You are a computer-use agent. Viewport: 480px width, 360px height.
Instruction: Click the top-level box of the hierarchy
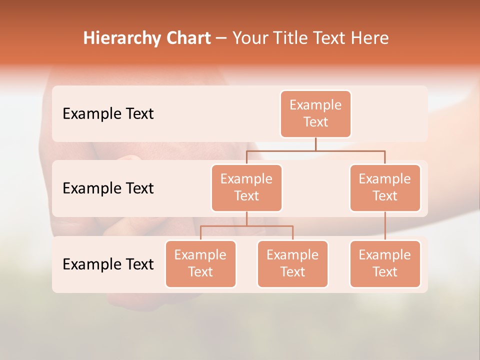coord(315,114)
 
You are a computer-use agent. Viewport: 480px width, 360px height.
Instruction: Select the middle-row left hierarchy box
coord(246,188)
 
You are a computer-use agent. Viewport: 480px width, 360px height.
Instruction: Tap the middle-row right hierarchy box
coord(385,188)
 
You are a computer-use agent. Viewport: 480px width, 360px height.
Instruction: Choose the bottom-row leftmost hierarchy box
coord(200,264)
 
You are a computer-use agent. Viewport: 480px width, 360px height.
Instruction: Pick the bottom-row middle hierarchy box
coord(292,264)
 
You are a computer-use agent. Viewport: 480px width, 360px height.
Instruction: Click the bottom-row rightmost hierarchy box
coord(385,264)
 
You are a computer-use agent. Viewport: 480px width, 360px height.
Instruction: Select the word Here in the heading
coord(369,38)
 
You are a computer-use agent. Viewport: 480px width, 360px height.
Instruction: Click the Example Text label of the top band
coord(108,114)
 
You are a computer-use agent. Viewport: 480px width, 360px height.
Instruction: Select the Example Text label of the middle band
coord(108,188)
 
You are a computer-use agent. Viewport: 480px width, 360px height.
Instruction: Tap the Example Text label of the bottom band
coord(108,264)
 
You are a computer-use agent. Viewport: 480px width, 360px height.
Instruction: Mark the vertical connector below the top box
coord(315,144)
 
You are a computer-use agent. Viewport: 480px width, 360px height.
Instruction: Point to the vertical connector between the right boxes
coord(385,226)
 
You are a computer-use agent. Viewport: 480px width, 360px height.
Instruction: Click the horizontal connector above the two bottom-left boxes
coord(246,226)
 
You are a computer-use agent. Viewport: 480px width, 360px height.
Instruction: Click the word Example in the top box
coord(315,105)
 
